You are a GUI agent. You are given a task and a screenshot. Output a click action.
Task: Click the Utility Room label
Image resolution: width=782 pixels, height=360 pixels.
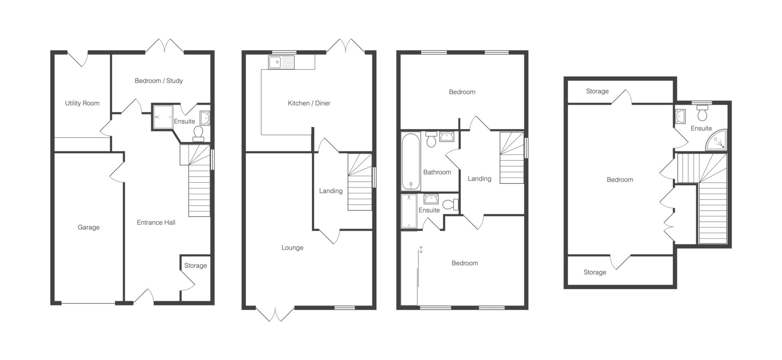tap(82, 103)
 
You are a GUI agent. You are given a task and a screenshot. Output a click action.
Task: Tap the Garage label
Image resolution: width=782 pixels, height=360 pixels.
tap(89, 228)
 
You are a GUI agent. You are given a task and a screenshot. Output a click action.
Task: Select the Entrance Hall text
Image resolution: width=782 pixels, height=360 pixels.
tap(156, 222)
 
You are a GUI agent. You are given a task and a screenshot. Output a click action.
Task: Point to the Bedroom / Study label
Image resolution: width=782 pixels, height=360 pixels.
tap(159, 81)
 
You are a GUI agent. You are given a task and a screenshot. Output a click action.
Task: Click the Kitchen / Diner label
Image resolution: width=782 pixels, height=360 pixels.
tap(309, 103)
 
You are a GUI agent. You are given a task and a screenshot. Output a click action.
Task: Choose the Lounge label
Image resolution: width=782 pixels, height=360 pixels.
tap(292, 248)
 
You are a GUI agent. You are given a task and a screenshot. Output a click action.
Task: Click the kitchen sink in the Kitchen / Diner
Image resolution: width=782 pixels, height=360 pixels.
tap(281, 62)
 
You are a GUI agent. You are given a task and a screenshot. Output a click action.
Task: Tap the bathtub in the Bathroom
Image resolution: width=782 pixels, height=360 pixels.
tap(411, 162)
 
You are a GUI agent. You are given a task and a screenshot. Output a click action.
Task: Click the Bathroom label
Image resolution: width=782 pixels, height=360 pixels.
tap(437, 172)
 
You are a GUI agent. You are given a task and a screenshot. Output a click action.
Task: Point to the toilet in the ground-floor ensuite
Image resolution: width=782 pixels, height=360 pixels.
tap(198, 134)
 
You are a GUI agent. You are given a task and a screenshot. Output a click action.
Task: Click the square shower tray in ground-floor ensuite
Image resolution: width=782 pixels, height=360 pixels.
tap(163, 117)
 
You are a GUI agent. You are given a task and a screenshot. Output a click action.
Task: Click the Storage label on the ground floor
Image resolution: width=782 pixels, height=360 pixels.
tap(195, 266)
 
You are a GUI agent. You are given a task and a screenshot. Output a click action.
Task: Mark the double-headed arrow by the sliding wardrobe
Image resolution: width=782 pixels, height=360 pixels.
tap(421, 249)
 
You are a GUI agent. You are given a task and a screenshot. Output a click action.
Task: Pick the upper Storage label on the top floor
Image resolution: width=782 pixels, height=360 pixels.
tap(597, 91)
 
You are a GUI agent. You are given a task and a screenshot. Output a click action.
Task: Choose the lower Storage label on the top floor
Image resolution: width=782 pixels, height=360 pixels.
tap(595, 272)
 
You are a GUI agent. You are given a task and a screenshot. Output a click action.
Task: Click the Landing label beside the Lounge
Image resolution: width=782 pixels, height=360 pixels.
tap(331, 191)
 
